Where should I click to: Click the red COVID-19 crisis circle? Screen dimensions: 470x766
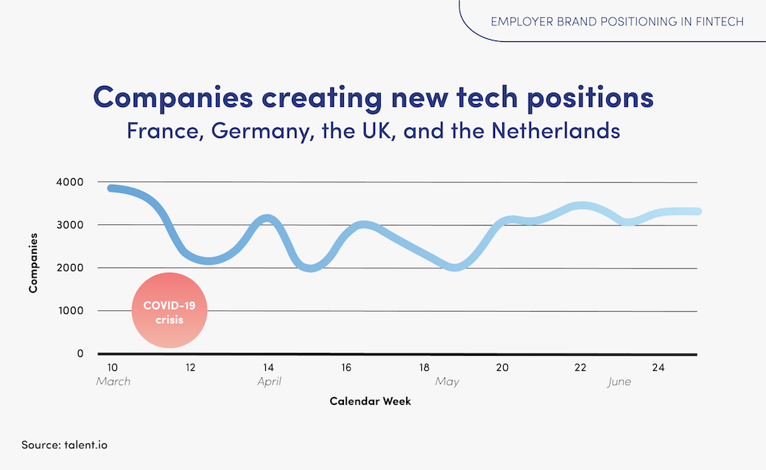click(x=170, y=310)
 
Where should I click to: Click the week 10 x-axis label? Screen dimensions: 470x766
click(x=112, y=367)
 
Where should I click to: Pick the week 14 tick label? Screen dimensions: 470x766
click(x=268, y=367)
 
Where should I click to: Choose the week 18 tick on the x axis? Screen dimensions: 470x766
click(x=424, y=367)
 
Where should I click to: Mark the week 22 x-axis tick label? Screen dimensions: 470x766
click(x=580, y=367)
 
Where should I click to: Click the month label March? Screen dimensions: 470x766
click(x=113, y=381)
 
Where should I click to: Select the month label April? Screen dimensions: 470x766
click(x=269, y=381)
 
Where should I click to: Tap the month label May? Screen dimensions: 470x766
click(x=447, y=381)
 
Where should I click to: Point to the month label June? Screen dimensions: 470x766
click(x=619, y=381)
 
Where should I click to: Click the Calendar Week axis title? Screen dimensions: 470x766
click(x=370, y=401)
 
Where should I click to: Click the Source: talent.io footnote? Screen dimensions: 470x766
click(x=64, y=445)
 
